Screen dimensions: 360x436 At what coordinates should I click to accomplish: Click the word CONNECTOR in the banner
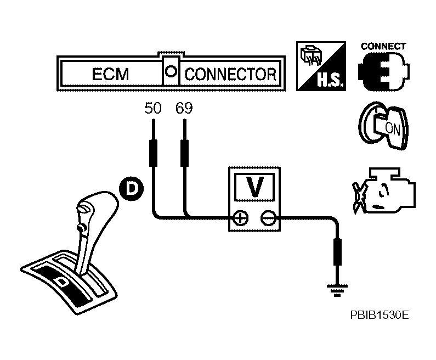(x=230, y=74)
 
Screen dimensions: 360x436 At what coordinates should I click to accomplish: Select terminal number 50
(x=153, y=108)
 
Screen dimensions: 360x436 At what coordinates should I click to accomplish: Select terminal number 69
(x=184, y=108)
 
